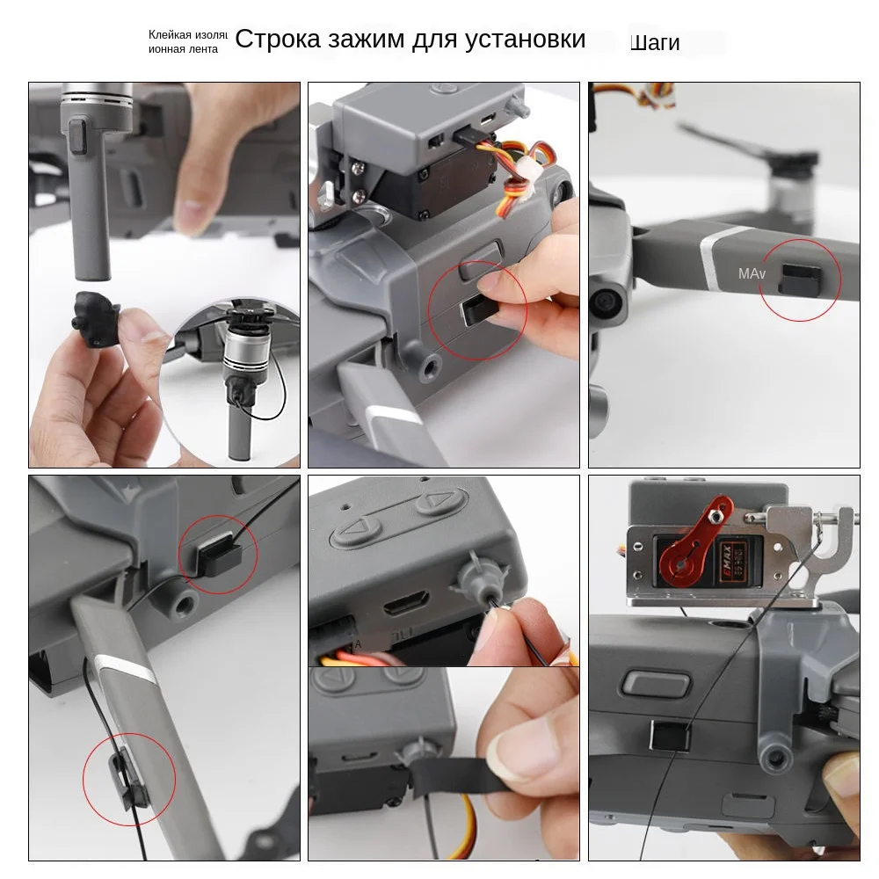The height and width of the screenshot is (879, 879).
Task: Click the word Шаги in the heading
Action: pyautogui.click(x=655, y=42)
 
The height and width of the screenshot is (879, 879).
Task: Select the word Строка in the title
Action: pyautogui.click(x=280, y=40)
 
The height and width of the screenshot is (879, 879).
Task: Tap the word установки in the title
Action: pyautogui.click(x=527, y=40)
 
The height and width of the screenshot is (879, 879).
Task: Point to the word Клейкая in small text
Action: pyautogui.click(x=170, y=34)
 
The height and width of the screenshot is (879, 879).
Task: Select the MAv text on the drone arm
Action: pyautogui.click(x=752, y=274)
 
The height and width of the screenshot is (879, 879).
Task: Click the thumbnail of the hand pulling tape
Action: pyautogui.click(x=443, y=763)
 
